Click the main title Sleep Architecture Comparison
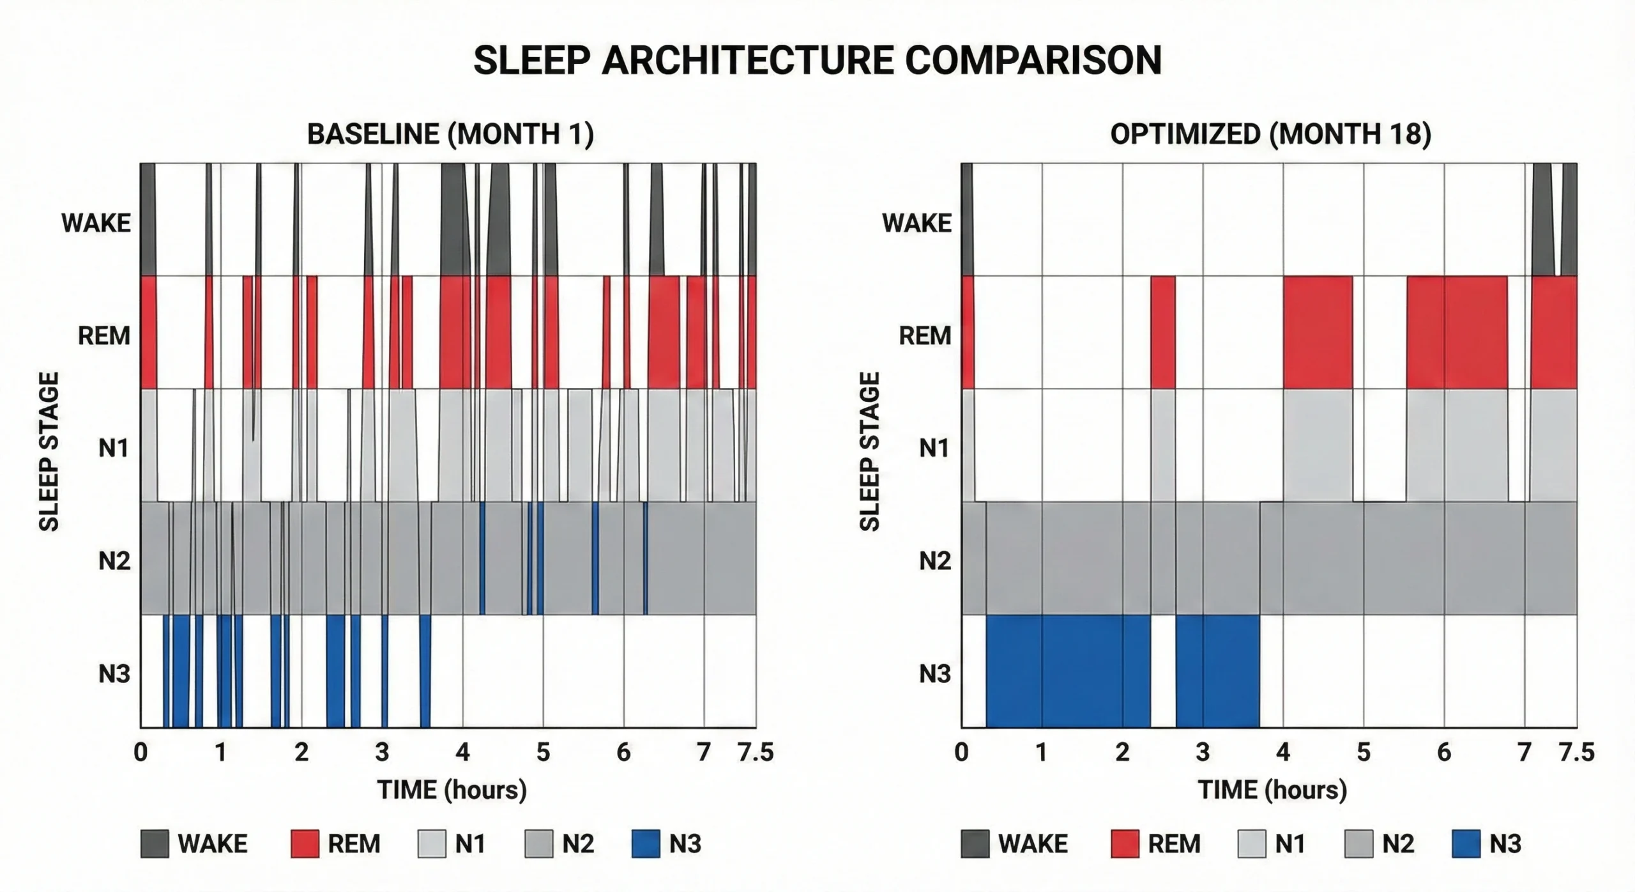817,61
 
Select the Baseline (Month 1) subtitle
450,134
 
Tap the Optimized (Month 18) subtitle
1270,134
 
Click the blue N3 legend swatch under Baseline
645,843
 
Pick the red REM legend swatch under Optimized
1125,843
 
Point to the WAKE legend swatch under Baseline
155,843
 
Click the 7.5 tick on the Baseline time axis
756,752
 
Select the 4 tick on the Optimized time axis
1283,752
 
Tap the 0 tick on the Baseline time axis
141,752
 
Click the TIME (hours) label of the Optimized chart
1272,790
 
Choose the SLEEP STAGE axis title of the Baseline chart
49,451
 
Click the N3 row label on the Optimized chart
934,673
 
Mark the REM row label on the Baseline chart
103,335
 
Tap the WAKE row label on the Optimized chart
916,223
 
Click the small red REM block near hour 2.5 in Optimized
1163,332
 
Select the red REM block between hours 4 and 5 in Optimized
1318,332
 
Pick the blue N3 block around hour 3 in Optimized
1217,671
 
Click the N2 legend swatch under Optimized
1358,843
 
